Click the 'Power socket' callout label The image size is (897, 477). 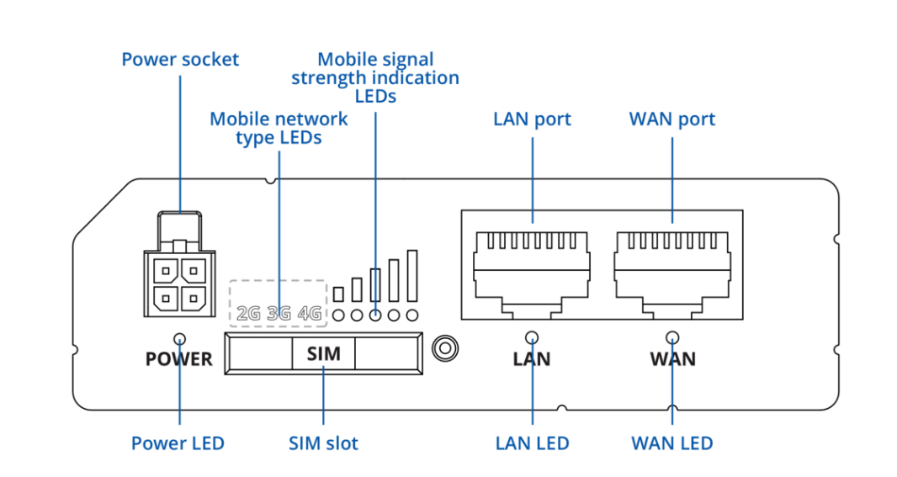click(x=180, y=60)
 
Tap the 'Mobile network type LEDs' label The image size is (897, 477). click(x=279, y=128)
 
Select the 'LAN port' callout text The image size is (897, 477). click(x=532, y=119)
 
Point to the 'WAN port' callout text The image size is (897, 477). click(x=672, y=119)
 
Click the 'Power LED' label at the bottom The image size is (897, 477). click(x=178, y=443)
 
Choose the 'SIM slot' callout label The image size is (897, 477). click(x=323, y=443)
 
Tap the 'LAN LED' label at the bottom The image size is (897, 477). click(x=532, y=443)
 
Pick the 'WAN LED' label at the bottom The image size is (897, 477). click(x=672, y=443)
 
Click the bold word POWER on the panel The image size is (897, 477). click(x=178, y=360)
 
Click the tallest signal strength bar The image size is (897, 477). click(x=412, y=275)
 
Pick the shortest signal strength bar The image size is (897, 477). click(x=338, y=294)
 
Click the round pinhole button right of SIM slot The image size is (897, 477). click(x=443, y=347)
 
